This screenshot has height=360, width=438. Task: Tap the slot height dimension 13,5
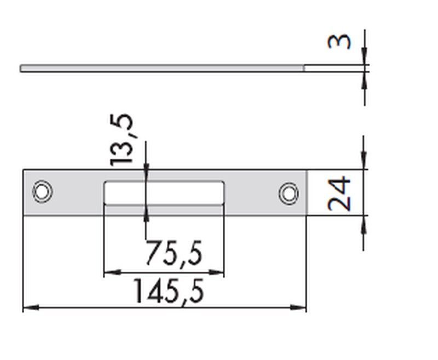(121, 140)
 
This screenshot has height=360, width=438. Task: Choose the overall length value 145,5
(169, 292)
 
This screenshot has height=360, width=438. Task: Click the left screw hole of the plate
(42, 191)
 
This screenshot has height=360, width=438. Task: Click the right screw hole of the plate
(288, 193)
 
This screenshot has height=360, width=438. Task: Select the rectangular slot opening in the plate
(164, 192)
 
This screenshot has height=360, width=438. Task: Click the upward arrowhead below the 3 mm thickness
(365, 78)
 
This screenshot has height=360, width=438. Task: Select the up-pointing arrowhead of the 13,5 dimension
(146, 211)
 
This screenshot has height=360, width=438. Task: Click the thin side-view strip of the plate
(164, 68)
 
